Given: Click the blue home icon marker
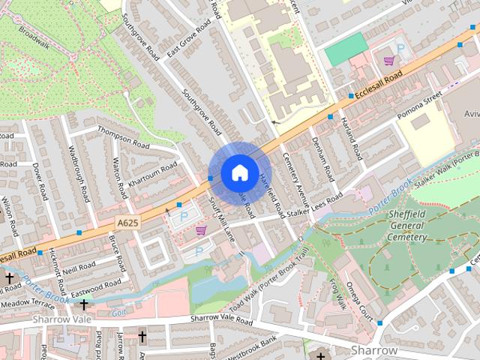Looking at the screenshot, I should click(x=238, y=172).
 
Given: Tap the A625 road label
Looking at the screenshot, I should click(x=129, y=223).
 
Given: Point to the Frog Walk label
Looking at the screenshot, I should click(x=336, y=292).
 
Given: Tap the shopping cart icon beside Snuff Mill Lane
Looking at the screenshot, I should click(x=201, y=230).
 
